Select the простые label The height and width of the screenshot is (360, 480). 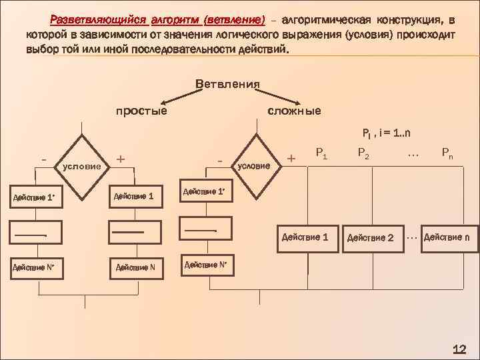click(142, 110)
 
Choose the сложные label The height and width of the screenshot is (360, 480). click(294, 110)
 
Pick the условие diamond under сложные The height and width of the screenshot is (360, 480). click(256, 165)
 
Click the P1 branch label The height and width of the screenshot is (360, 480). click(321, 154)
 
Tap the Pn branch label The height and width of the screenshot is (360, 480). click(447, 154)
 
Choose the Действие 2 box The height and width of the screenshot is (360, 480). click(371, 238)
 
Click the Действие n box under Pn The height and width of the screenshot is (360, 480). click(450, 237)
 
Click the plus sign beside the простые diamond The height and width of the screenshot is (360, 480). click(120, 159)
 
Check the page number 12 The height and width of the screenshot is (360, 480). click(459, 349)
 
